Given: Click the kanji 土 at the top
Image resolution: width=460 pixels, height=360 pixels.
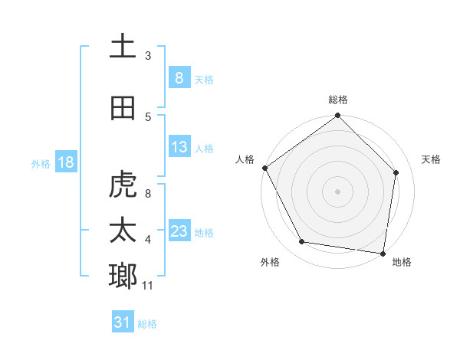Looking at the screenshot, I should [x=123, y=47].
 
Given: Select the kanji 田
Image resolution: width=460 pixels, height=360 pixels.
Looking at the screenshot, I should [x=123, y=108].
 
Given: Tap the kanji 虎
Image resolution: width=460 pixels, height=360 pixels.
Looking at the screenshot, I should [x=123, y=185].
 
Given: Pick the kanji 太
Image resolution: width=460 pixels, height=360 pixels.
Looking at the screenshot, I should [x=123, y=231].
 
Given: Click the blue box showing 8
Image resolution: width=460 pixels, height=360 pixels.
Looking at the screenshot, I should [x=179, y=78].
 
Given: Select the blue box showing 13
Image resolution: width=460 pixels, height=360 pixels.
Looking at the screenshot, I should [x=179, y=147].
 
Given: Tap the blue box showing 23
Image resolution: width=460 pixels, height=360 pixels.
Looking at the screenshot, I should [x=179, y=231].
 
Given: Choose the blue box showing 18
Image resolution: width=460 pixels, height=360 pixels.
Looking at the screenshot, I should [x=65, y=162].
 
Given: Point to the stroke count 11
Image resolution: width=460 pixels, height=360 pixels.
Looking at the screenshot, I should [x=148, y=286].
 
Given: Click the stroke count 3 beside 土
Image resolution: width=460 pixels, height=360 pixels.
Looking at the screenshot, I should [x=148, y=55].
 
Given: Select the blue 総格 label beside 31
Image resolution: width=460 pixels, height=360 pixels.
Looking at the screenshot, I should [x=147, y=324].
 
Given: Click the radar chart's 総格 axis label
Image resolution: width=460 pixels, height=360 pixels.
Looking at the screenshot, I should [x=338, y=100].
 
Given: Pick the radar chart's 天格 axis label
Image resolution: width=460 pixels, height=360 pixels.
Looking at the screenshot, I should [x=431, y=159].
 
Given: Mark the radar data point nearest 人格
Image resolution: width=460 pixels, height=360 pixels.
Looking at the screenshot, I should [x=265, y=168].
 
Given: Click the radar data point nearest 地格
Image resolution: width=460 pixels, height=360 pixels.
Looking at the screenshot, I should [x=383, y=253].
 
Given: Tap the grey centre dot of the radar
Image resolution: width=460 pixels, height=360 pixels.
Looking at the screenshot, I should [x=338, y=191].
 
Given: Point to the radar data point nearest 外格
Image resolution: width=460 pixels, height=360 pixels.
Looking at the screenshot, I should [x=302, y=242].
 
